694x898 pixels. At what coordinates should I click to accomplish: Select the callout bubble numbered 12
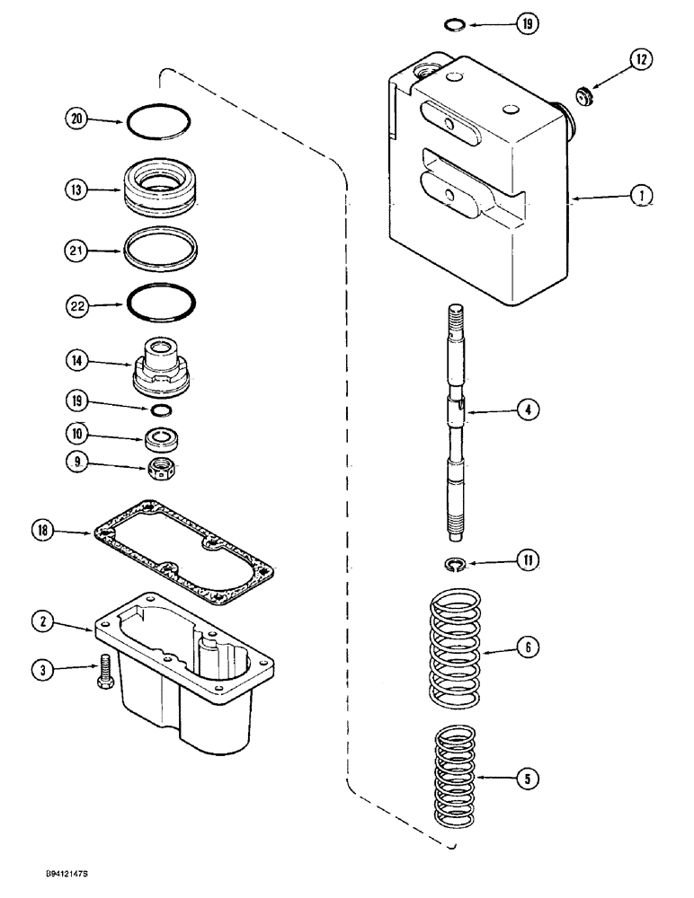tap(641, 61)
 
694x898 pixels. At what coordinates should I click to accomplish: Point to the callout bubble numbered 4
tap(529, 410)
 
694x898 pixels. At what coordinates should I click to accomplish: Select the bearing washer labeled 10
tap(162, 440)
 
